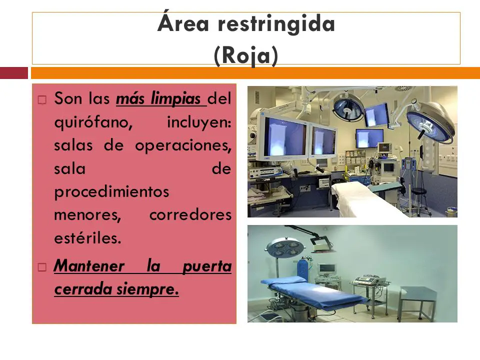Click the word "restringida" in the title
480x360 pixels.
point(276,24)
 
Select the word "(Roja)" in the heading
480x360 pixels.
point(246,55)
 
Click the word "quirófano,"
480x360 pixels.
point(93,122)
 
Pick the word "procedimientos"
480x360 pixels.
point(111,192)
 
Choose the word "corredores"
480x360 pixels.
point(190,215)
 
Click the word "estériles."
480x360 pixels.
point(88,238)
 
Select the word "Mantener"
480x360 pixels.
point(89,265)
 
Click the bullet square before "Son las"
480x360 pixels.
point(42,100)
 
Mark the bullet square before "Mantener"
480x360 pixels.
point(42,267)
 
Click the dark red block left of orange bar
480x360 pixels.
point(14,73)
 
